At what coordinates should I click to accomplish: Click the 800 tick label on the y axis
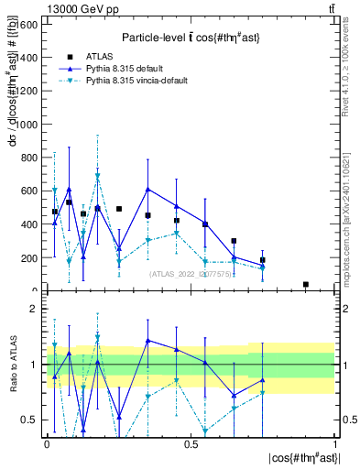29,158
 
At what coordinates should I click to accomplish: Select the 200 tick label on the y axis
29,258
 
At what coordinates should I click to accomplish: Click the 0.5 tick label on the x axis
191,442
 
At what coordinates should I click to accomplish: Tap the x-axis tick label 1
334,442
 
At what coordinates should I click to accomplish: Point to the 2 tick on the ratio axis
33,310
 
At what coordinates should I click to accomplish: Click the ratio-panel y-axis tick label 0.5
29,420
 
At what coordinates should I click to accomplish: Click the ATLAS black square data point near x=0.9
305,285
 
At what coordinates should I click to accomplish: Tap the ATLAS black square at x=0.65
234,241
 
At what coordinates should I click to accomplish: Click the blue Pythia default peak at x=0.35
147,189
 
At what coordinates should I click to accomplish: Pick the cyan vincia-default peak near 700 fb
98,175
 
